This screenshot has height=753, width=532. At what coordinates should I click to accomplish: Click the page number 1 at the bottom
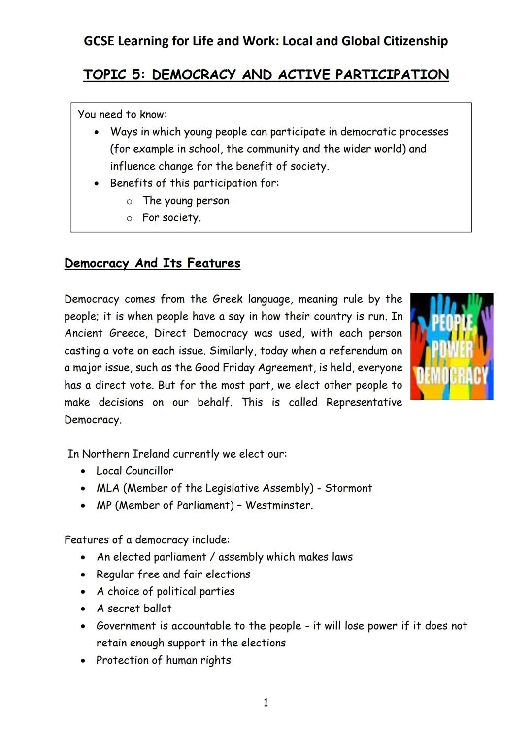click(266, 703)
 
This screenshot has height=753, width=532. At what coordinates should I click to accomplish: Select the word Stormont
click(348, 488)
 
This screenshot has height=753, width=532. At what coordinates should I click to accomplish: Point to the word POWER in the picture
click(452, 349)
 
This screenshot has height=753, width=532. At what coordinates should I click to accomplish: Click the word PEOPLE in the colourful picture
click(452, 323)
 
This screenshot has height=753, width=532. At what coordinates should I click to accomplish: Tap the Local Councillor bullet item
click(134, 471)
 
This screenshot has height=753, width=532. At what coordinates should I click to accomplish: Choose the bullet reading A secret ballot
click(134, 609)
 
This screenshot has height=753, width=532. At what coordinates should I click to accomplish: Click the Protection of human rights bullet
click(163, 660)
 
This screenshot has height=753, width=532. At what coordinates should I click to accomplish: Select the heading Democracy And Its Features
click(152, 263)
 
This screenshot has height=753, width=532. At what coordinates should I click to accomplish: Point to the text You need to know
click(122, 114)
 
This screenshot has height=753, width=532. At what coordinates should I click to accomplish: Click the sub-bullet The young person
click(186, 201)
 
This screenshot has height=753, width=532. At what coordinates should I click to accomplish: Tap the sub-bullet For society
click(171, 218)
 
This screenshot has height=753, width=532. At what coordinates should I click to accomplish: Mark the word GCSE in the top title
click(99, 41)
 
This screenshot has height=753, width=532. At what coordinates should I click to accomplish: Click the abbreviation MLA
click(108, 488)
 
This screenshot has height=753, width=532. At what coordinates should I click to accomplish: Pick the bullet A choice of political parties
click(166, 591)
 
